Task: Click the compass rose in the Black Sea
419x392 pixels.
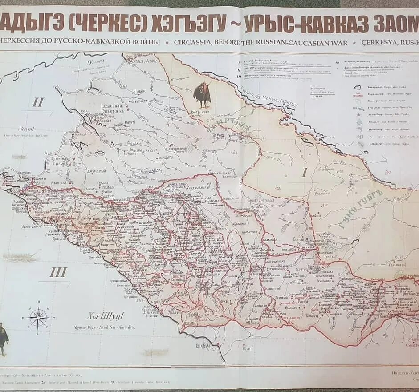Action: [39, 317]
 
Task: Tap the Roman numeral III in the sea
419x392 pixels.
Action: [58, 272]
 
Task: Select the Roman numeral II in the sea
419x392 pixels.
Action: [38, 102]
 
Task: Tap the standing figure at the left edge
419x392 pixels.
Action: [3, 339]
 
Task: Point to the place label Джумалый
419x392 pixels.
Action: [97, 170]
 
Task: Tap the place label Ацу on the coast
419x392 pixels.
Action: [48, 153]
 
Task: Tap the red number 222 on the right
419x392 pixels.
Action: [388, 172]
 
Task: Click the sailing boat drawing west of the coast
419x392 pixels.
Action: [20, 257]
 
